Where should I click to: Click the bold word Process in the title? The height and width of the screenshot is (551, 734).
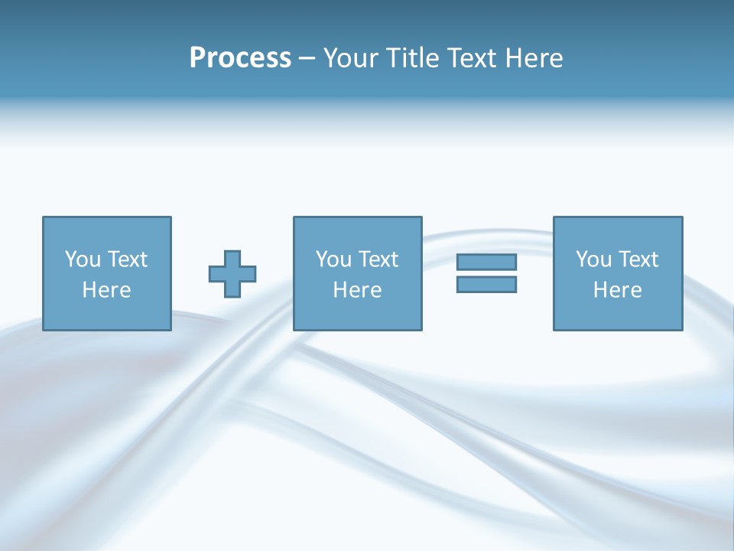coord(240,58)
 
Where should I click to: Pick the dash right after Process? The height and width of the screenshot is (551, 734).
coord(307,59)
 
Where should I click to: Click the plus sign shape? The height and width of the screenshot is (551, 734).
coord(232,274)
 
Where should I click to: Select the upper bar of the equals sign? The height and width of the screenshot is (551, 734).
coord(486,262)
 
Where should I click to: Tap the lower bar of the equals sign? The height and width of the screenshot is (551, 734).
coord(486,284)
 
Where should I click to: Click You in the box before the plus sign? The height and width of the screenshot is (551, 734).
coord(83,259)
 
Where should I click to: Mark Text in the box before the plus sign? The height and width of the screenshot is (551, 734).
coord(127,259)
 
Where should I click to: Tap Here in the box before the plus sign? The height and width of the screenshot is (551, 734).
coord(107,290)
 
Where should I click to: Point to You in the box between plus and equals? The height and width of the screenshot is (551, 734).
coord(333,259)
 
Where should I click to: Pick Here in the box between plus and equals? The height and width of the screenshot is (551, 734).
coord(357,290)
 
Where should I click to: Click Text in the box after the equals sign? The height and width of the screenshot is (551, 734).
coord(638,259)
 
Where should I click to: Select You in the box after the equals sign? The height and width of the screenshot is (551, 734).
coord(593,259)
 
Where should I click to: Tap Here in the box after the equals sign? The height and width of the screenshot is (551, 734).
coord(618,290)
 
